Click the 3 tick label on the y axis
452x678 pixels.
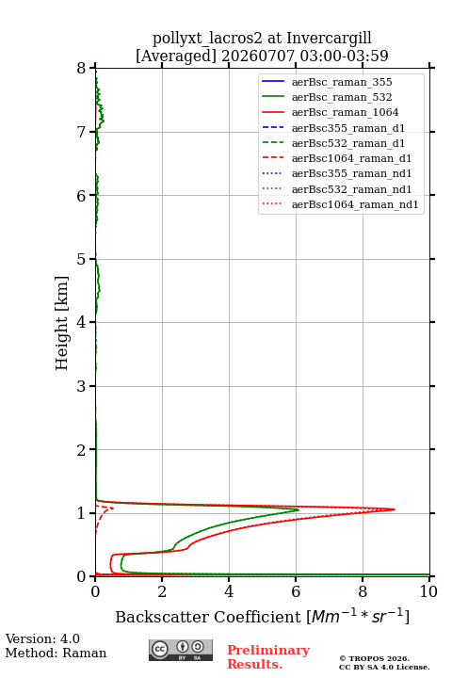(82, 386)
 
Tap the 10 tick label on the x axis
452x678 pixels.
(428, 591)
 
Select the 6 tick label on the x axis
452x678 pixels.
(296, 591)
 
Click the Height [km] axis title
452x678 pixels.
(62, 323)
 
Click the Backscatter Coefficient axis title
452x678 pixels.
(262, 617)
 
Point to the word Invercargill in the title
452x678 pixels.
(329, 38)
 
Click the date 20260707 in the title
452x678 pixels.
(258, 56)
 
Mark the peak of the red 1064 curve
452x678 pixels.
(395, 509)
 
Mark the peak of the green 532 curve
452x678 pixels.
(299, 509)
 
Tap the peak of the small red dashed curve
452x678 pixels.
(113, 508)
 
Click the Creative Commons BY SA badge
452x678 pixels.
(181, 650)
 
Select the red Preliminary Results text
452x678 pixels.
(268, 657)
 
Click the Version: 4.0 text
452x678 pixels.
(42, 638)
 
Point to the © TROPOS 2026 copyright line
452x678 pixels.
(374, 658)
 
